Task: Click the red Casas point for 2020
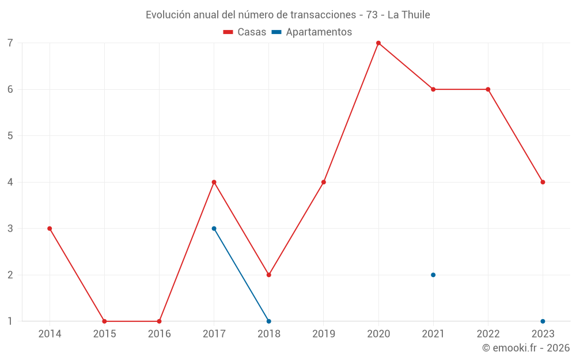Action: click(378, 43)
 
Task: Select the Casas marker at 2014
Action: click(50, 229)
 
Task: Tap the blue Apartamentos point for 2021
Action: click(433, 275)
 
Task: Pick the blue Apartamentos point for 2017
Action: click(214, 229)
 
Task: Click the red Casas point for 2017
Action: click(214, 182)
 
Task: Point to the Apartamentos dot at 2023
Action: click(543, 321)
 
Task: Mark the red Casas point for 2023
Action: click(543, 182)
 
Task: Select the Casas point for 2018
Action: click(269, 275)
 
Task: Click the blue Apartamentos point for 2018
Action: click(269, 321)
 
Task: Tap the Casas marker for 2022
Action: click(488, 89)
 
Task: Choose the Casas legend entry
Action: click(245, 32)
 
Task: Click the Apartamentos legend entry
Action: click(312, 32)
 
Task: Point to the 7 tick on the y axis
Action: click(10, 43)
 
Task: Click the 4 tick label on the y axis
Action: click(10, 182)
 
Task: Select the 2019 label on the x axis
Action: click(324, 334)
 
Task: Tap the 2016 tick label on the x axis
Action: click(159, 334)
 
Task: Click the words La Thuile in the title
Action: click(408, 15)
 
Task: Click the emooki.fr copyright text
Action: click(526, 348)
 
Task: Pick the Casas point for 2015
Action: click(104, 321)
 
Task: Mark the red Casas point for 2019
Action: click(324, 182)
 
